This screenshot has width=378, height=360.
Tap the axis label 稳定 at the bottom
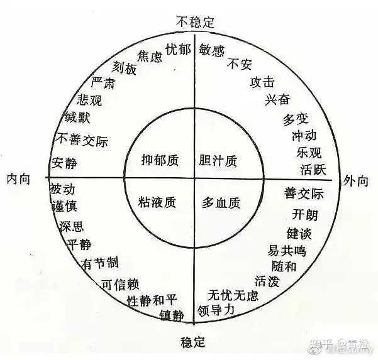192,342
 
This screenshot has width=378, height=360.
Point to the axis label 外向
356,180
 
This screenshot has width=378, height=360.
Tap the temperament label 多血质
220,202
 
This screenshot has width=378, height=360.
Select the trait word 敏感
212,50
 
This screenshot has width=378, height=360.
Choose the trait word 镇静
172,314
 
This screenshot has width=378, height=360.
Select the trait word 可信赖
120,283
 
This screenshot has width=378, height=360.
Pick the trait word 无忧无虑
233,295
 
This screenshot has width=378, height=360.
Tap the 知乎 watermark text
326,344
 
